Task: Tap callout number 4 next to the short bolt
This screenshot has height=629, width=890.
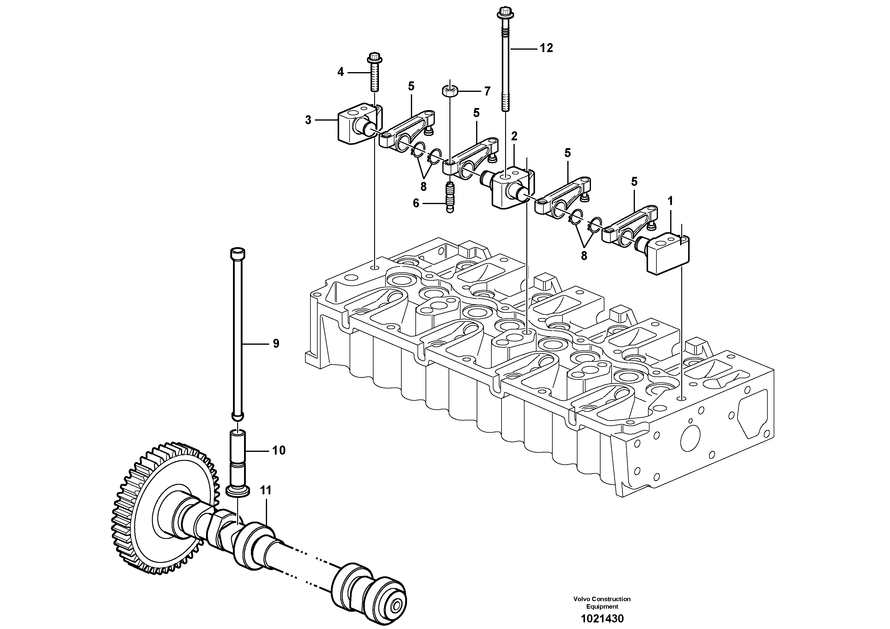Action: tap(340, 72)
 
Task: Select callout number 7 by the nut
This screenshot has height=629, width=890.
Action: tap(487, 92)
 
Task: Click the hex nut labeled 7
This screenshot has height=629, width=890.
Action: tap(450, 92)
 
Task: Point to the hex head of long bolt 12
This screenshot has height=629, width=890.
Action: tap(505, 13)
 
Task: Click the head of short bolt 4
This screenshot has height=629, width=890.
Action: tap(374, 59)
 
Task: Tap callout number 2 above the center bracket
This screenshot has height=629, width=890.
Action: tap(514, 136)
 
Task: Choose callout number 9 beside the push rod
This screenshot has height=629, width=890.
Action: tap(276, 343)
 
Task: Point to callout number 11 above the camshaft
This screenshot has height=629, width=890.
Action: tap(266, 490)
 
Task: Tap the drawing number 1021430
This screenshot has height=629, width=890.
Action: tap(602, 619)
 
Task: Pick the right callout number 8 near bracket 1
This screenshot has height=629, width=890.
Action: tap(584, 256)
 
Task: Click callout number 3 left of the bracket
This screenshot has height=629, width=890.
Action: tap(308, 120)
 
